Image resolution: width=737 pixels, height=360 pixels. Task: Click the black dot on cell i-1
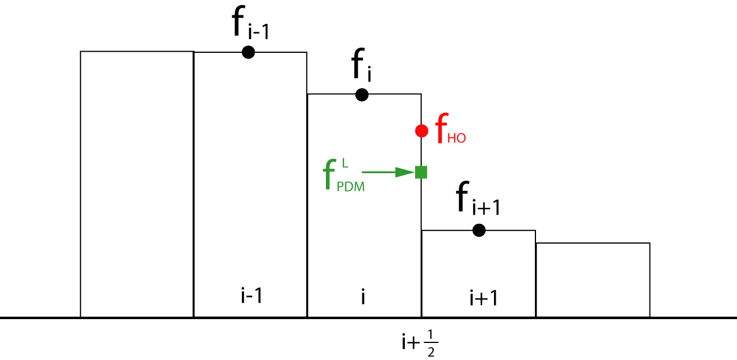point(248,52)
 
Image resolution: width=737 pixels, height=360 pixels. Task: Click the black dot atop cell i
point(362,95)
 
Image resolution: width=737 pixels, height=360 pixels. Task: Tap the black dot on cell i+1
point(479,230)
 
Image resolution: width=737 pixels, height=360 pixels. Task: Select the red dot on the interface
point(421,131)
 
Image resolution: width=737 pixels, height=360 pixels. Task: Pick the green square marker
point(421,172)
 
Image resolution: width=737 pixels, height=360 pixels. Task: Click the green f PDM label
point(344,176)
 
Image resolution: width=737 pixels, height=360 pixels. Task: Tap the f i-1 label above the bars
point(250,26)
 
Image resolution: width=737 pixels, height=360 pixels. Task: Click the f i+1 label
point(478,202)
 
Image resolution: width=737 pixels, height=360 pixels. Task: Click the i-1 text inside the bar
point(250,296)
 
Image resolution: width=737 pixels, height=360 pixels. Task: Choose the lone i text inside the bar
point(363,296)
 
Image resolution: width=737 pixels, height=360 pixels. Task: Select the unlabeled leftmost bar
point(137,184)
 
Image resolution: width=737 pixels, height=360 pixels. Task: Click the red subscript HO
point(456,139)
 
